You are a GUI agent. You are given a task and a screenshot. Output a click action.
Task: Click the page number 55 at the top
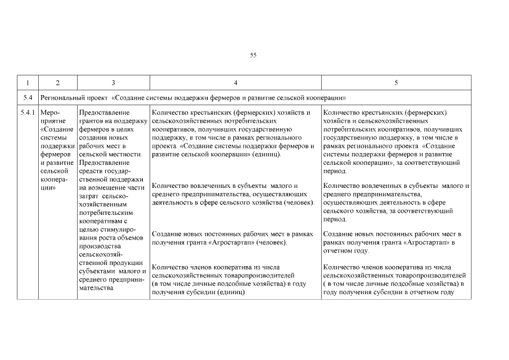pos(253,55)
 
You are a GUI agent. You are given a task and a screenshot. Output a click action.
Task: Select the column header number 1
pos(28,82)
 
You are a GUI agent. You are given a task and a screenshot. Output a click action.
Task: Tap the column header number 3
pos(113,82)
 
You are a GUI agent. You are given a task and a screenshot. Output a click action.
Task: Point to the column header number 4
pos(235,82)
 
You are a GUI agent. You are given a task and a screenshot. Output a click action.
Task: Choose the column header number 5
pos(396,82)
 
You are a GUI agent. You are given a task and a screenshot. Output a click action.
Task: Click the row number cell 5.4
pos(28,97)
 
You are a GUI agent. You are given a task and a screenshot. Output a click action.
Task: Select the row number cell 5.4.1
pos(28,113)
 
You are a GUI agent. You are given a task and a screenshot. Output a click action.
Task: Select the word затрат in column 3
pos(92,196)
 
